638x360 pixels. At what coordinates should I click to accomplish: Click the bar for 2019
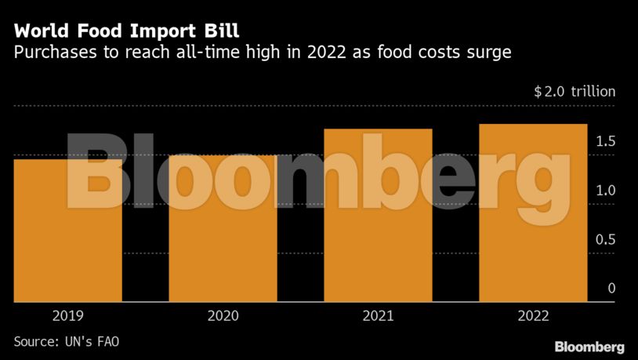click(x=67, y=231)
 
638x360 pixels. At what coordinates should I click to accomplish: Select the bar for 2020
click(x=223, y=229)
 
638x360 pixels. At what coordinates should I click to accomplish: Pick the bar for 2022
click(x=533, y=213)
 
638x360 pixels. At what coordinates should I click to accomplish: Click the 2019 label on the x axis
click(x=68, y=316)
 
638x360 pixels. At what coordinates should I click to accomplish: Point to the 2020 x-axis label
click(x=223, y=316)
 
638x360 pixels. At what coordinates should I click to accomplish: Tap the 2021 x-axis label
click(x=378, y=316)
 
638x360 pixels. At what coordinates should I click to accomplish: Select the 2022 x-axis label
click(x=533, y=316)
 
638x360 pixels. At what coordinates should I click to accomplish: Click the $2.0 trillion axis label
click(x=575, y=92)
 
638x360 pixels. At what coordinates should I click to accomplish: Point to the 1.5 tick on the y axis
click(x=606, y=142)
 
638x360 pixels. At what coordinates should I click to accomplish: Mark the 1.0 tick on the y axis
click(x=606, y=191)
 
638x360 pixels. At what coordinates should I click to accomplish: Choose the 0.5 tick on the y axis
click(x=606, y=240)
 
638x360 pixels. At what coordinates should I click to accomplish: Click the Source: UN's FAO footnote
click(x=67, y=342)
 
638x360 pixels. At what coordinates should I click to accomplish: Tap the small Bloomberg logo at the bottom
click(x=589, y=346)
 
